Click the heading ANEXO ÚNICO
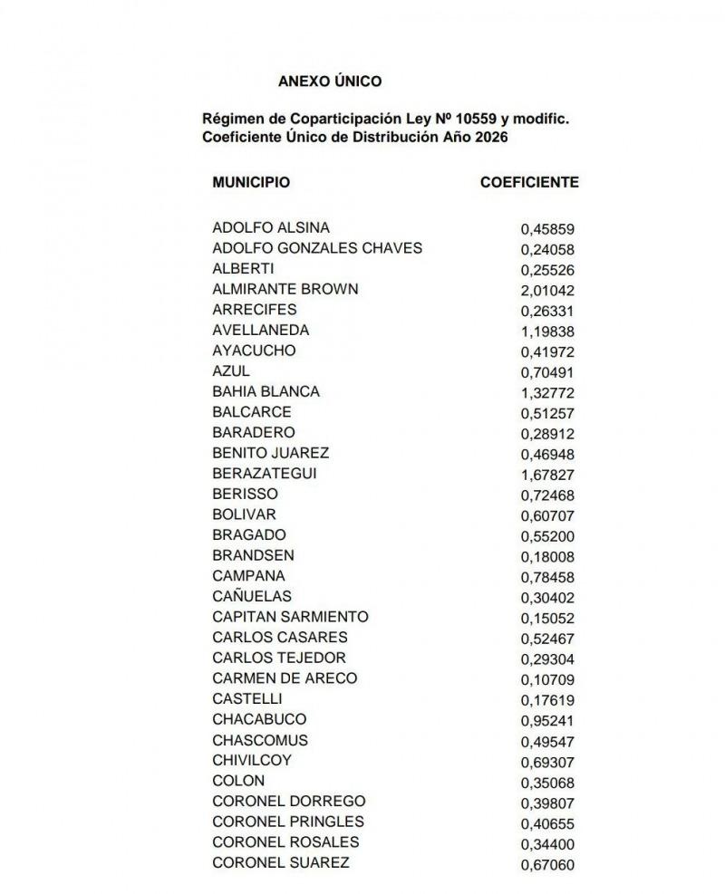pos(330,81)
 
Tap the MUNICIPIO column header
pos(251,182)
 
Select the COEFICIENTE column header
pos(529,182)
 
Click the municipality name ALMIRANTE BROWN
pos(285,289)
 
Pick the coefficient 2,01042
pos(547,291)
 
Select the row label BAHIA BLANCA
pos(266,391)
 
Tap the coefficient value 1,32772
pos(547,393)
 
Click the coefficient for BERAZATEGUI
pos(547,475)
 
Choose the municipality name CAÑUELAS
pos(252,596)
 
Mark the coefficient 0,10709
pos(547,679)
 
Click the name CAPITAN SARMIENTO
pos(290,617)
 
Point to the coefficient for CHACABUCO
pos(547,721)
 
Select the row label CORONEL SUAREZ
pos(280,862)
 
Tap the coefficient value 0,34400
pos(547,844)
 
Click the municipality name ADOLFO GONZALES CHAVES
pos(316,248)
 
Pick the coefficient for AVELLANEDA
pos(547,332)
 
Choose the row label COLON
pos(238,780)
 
